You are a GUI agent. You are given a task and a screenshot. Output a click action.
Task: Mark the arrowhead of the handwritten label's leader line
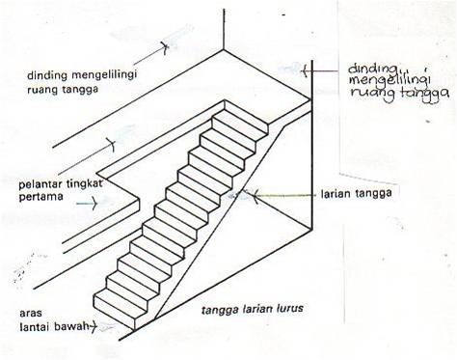point(305,69)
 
